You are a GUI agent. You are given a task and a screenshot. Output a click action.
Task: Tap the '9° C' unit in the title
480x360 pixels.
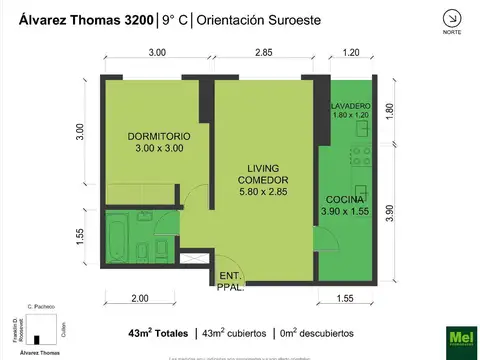click(174, 18)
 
